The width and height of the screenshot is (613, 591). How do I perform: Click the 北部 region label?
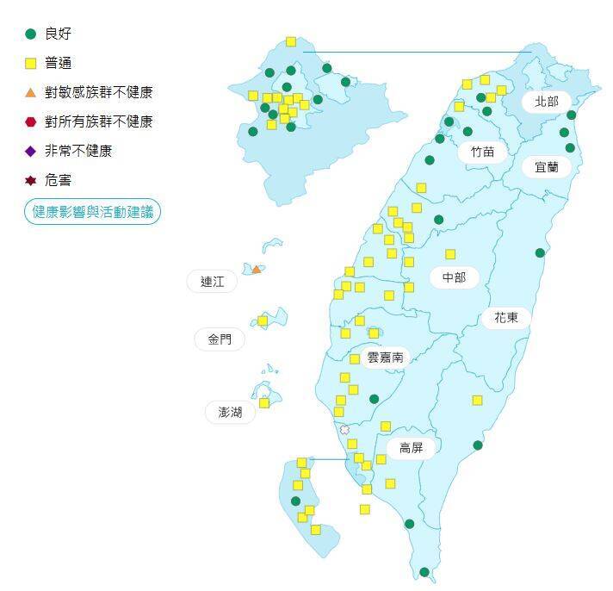tap(547, 102)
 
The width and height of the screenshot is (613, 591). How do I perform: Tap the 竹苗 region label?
tap(482, 152)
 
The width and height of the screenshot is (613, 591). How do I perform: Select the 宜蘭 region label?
tap(547, 167)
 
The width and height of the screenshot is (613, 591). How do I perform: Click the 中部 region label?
tap(454, 277)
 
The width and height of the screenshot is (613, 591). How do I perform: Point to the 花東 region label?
tap(506, 317)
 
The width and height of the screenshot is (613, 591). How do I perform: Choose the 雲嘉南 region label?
tap(385, 357)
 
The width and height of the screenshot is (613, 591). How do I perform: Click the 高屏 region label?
tap(411, 449)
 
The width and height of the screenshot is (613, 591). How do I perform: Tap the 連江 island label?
tap(212, 281)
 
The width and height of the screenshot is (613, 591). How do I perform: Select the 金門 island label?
tap(220, 339)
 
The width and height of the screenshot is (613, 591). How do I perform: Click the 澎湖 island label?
tap(230, 413)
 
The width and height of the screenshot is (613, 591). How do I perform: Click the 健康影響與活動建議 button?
tap(93, 211)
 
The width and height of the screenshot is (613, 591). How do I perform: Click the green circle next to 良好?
tap(31, 34)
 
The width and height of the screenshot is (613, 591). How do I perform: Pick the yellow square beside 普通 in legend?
tap(31, 63)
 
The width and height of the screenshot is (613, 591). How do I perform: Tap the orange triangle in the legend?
tap(31, 92)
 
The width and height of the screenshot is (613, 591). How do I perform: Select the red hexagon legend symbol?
tap(31, 121)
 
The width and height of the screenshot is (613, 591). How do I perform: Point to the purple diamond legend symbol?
tap(31, 151)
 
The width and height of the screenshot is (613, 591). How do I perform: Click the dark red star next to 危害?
tap(31, 180)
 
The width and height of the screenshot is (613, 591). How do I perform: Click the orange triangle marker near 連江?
tap(256, 270)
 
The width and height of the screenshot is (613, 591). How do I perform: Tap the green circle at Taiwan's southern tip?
tap(424, 572)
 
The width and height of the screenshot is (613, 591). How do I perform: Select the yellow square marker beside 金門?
tap(263, 320)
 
